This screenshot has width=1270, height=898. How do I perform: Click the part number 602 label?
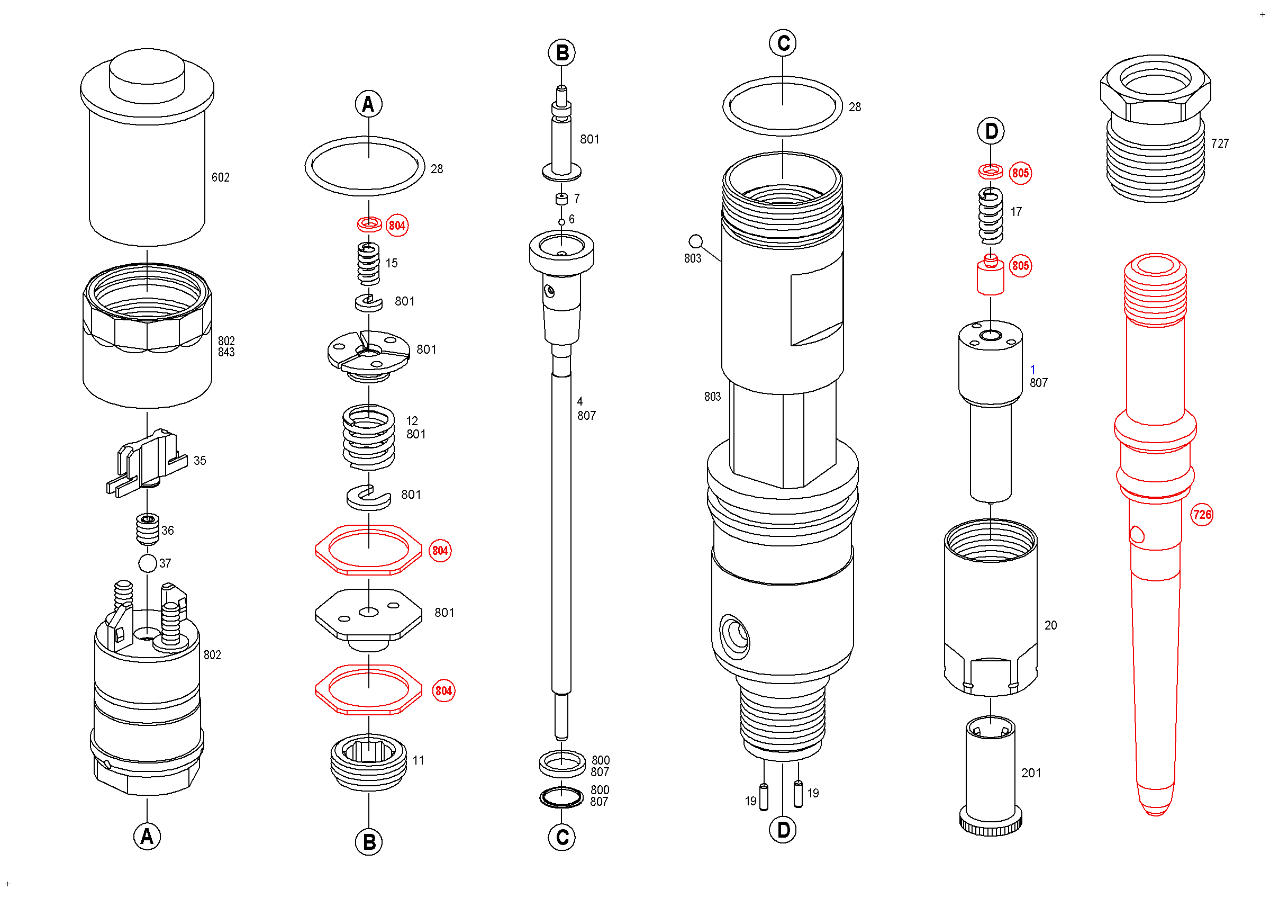[x=220, y=177]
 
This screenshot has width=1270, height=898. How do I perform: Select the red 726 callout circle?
[x=1201, y=515]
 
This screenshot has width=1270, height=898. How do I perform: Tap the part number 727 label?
[x=1220, y=144]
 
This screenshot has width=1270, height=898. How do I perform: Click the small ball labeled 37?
[x=148, y=563]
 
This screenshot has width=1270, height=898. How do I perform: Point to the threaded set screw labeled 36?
[x=148, y=529]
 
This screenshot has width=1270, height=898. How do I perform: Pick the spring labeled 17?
[x=991, y=216]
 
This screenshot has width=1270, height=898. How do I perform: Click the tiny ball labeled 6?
[x=561, y=222]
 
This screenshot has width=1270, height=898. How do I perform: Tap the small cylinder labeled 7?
[x=561, y=199]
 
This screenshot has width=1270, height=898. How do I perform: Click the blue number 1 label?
[x=1032, y=369]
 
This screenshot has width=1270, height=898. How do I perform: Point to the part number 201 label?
[x=1031, y=773]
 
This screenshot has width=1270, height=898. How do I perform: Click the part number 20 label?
[x=1050, y=625]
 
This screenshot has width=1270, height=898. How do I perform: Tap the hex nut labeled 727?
[x=1156, y=127]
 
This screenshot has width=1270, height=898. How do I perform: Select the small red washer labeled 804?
[x=369, y=224]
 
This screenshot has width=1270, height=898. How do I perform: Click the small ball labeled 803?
[x=695, y=241]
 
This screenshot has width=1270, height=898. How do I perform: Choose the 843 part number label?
[x=226, y=353]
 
